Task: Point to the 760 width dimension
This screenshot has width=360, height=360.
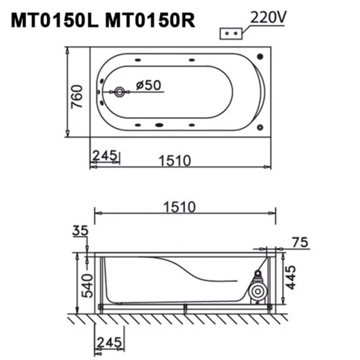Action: pos(76,95)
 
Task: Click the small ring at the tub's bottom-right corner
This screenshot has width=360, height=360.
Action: pos(260,127)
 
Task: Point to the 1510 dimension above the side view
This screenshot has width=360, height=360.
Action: pos(178,207)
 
